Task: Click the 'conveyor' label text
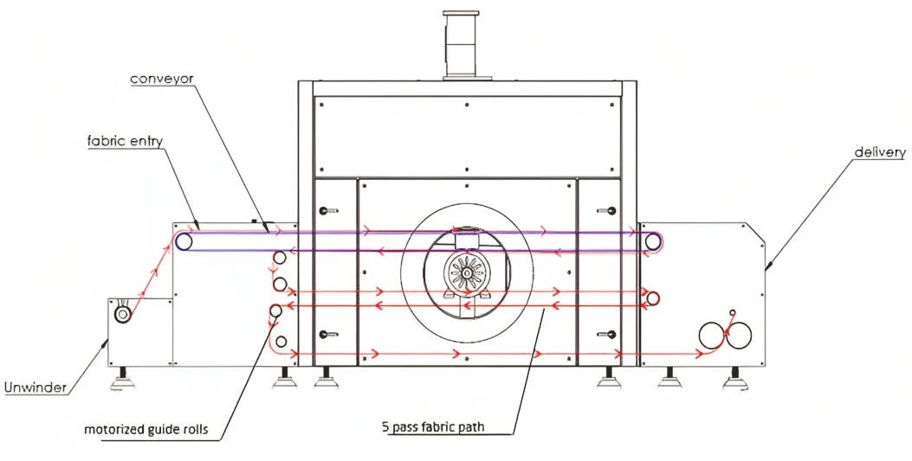[162, 79]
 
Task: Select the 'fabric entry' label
[125, 141]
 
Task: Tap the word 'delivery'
[879, 153]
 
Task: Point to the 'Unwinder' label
[35, 387]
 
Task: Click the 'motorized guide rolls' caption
[146, 430]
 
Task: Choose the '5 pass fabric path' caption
[433, 427]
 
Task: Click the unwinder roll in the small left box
[123, 315]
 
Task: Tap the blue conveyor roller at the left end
[184, 241]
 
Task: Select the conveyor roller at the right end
[653, 241]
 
